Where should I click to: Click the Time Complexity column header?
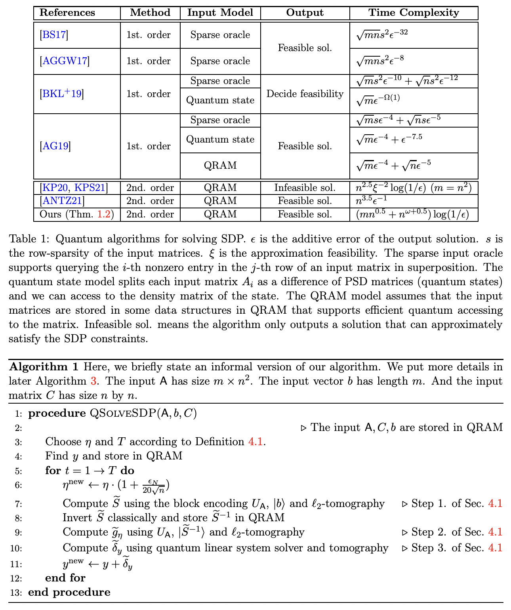pyautogui.click(x=414, y=13)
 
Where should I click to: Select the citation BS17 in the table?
pyautogui.click(x=54, y=35)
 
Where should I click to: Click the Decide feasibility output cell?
pyautogui.click(x=305, y=94)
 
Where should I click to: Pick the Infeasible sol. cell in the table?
pyautogui.click(x=305, y=188)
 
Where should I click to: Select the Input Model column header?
pyautogui.click(x=220, y=13)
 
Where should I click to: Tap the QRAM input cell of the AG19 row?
pyautogui.click(x=220, y=166)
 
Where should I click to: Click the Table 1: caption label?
pyautogui.click(x=30, y=239)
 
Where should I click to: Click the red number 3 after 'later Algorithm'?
pyautogui.click(x=93, y=381)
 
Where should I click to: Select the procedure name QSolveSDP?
pyautogui.click(x=123, y=414)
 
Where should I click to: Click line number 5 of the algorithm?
pyautogui.click(x=19, y=471)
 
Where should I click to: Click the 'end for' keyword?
pyautogui.click(x=65, y=578)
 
